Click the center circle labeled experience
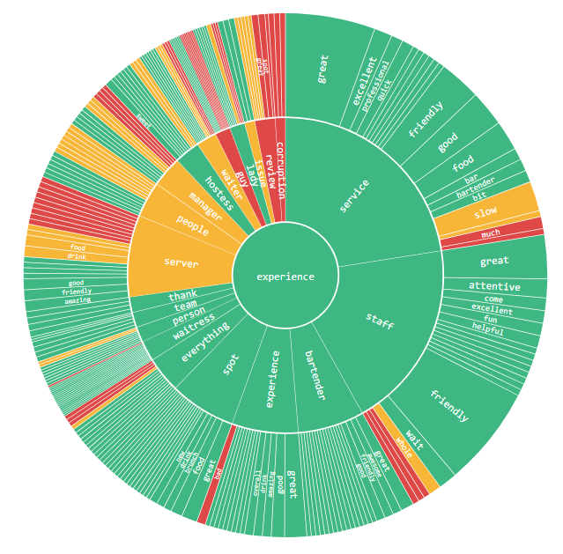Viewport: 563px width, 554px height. click(x=285, y=277)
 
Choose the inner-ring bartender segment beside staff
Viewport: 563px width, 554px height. click(x=315, y=379)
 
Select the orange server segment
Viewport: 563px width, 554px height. click(x=180, y=262)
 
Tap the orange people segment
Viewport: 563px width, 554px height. click(x=191, y=226)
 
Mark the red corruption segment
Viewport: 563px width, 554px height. click(x=280, y=167)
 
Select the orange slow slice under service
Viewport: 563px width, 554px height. click(x=486, y=212)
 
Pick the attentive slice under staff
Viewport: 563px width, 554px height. click(x=494, y=286)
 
